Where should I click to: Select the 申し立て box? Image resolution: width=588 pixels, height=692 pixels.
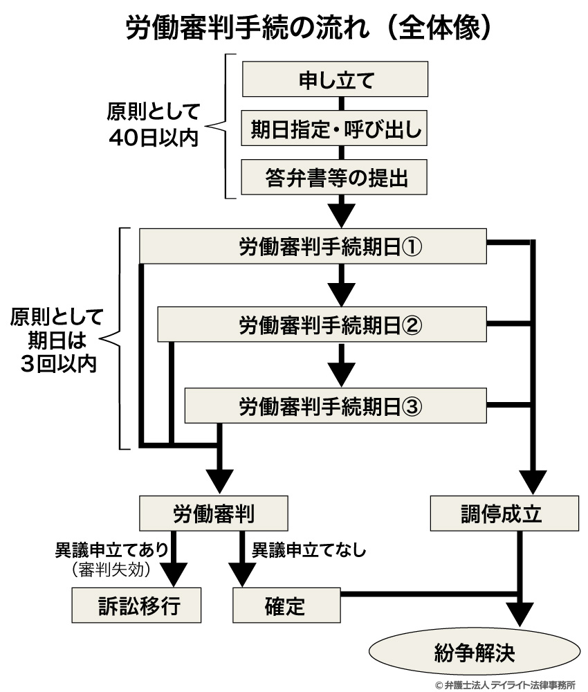(336, 80)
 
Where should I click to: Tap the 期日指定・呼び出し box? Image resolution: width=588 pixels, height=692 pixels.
(336, 129)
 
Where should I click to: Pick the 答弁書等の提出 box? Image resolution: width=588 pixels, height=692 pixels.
(336, 179)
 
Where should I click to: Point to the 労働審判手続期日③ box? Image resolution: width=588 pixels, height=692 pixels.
(336, 404)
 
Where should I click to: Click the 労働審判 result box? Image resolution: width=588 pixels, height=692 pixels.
(213, 513)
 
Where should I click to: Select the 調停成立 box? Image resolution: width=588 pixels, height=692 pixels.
(504, 513)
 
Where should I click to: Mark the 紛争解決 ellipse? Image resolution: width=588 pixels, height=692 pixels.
(475, 651)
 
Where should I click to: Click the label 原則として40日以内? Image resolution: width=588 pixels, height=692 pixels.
(153, 125)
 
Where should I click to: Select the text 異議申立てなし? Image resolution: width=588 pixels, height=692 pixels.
(307, 551)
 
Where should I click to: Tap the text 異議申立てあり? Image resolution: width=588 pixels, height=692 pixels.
(111, 551)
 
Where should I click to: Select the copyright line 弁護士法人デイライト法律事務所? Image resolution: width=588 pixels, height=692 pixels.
(506, 684)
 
